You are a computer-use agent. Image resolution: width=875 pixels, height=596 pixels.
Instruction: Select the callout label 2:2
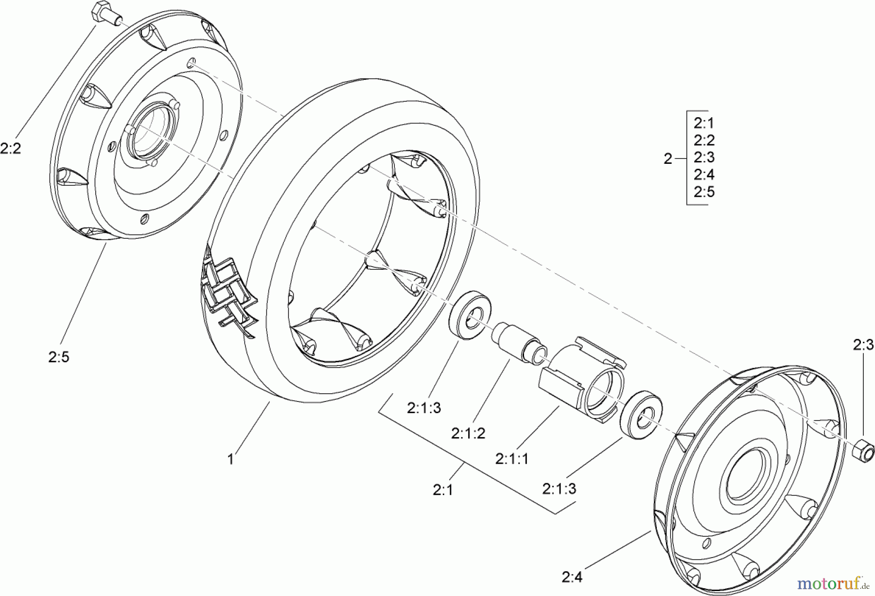pos(11,148)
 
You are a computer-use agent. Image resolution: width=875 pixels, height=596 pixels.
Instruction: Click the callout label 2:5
pos(59,357)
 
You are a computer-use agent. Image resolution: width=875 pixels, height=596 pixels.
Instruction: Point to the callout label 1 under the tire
pos(231,459)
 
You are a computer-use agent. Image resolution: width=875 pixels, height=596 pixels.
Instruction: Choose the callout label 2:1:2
pos(468,433)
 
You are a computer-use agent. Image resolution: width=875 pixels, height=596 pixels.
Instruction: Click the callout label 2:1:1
pos(512,458)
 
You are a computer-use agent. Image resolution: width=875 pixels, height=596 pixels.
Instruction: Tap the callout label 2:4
pos(572,577)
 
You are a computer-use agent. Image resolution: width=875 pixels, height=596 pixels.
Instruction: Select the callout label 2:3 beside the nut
pos(863,345)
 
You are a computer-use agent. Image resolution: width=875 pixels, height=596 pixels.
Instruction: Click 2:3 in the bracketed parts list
pos(704,158)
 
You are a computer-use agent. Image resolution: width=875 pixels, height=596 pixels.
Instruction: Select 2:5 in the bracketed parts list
pos(704,192)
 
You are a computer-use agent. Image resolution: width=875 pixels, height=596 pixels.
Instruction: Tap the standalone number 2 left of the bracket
pos(668,158)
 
